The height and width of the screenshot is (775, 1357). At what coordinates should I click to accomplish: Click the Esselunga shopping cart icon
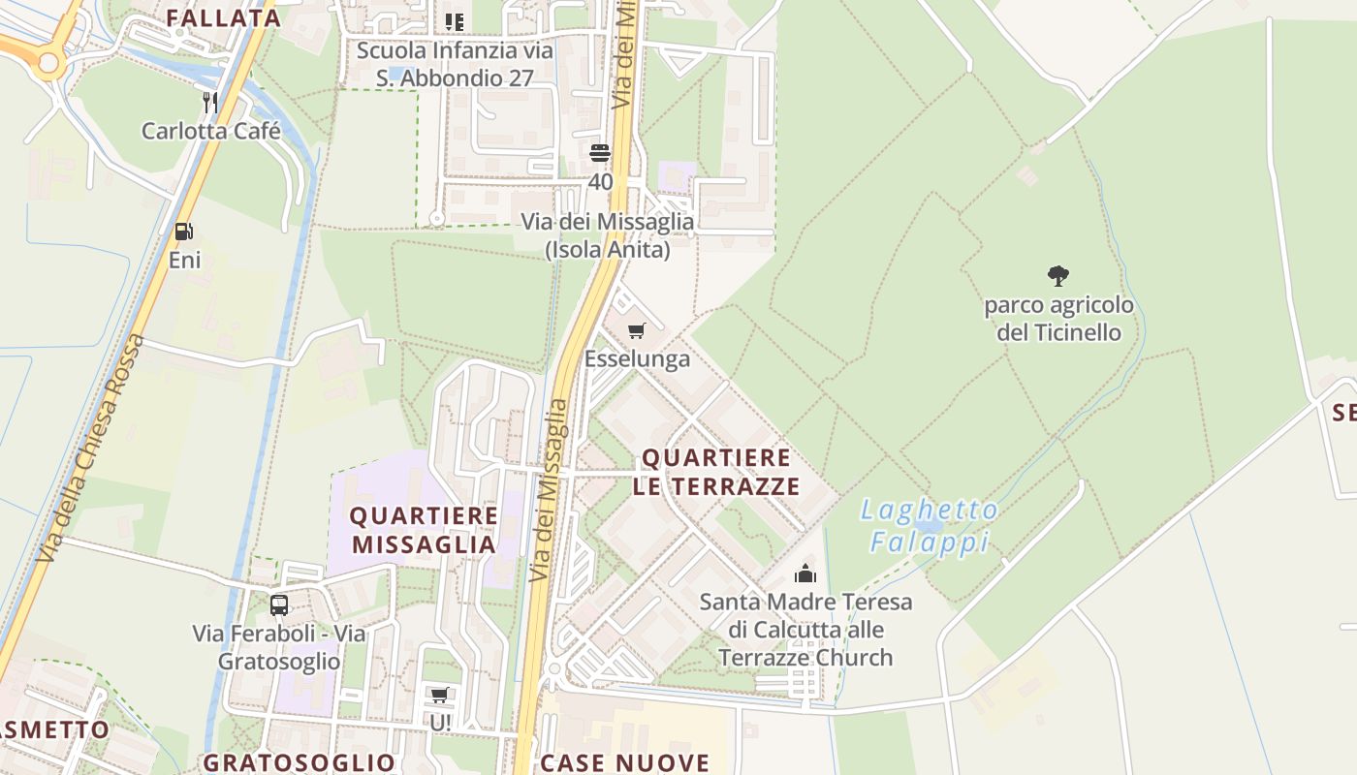[636, 331]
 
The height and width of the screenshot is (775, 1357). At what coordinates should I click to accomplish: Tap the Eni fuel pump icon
[183, 232]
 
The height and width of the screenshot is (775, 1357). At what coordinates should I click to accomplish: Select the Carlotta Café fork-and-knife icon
[210, 103]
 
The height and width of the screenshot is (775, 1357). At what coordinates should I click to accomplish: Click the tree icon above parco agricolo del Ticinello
[1058, 276]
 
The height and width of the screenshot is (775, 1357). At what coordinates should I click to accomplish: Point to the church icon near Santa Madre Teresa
[805, 573]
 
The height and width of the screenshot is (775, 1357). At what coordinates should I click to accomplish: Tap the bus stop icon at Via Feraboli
[279, 605]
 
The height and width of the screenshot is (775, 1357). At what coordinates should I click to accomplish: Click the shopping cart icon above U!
[440, 695]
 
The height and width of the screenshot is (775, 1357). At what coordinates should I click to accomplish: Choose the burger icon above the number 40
[600, 153]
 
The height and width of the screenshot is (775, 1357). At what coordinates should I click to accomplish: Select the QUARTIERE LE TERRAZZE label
[716, 472]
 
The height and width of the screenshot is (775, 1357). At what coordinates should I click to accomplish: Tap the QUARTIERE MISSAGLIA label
[424, 530]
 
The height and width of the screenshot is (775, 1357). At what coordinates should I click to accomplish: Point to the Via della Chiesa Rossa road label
[90, 449]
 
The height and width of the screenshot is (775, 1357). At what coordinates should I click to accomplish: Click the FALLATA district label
[223, 17]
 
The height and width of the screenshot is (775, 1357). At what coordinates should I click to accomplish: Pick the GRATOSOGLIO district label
[299, 762]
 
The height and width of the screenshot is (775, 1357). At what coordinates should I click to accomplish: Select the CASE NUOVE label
[625, 762]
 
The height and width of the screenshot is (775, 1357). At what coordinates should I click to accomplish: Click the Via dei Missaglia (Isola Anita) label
[608, 235]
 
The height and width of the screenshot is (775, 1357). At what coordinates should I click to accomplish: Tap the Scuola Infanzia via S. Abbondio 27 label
[455, 64]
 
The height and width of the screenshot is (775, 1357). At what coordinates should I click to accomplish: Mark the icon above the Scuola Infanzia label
[454, 21]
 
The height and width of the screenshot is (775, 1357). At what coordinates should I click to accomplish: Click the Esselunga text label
[637, 359]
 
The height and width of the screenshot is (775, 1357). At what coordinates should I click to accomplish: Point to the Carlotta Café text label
[210, 131]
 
